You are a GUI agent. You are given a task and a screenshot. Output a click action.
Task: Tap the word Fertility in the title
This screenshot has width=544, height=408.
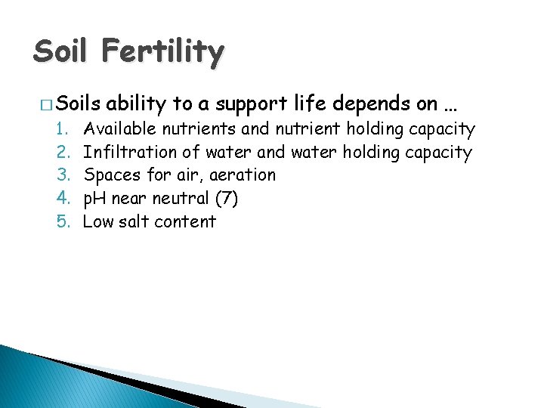[163, 53]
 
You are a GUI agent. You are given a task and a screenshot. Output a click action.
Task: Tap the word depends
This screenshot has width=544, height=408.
[358, 104]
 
